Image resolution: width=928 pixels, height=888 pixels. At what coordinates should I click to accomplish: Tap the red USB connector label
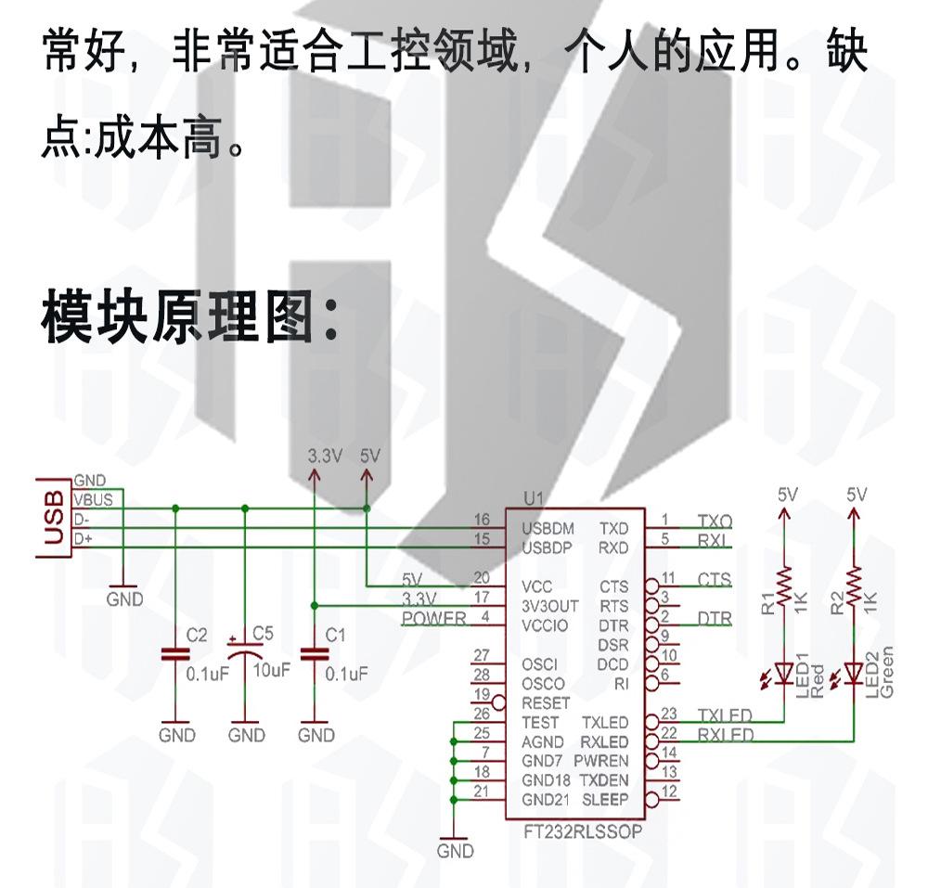54,518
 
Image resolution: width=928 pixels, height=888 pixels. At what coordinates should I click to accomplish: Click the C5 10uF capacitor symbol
245,653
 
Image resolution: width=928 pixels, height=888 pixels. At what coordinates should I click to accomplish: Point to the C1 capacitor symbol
316,653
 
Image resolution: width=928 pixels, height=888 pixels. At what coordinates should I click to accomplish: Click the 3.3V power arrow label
325,456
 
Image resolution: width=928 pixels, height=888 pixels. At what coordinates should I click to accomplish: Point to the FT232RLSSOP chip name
583,830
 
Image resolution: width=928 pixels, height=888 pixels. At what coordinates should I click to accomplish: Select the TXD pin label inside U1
613,528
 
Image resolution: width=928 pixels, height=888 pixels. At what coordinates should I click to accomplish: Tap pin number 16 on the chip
481,520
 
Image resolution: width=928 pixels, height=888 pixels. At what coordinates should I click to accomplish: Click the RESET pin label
547,703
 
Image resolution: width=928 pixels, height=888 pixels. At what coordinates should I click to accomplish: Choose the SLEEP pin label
606,800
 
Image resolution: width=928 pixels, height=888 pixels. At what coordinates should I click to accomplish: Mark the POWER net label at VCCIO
434,619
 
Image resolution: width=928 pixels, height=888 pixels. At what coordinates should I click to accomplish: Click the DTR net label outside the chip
714,618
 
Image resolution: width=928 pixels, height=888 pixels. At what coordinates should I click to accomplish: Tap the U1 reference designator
533,498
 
